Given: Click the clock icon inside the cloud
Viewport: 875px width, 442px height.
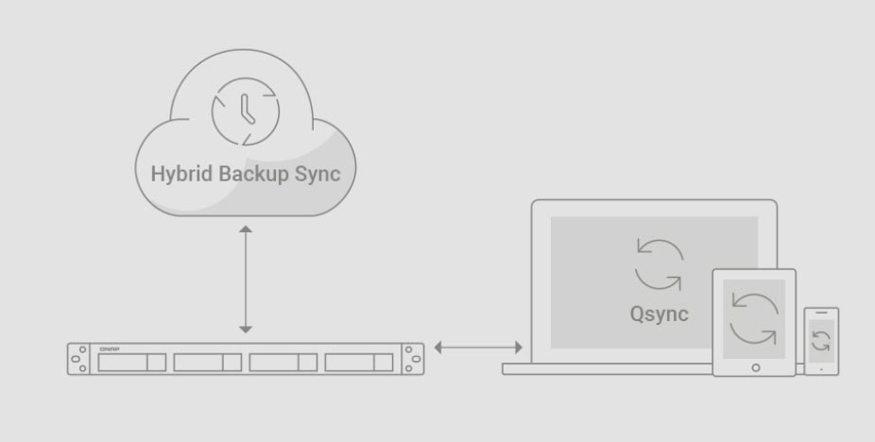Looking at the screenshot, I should pyautogui.click(x=246, y=110).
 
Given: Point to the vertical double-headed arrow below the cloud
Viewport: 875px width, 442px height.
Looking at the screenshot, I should pyautogui.click(x=246, y=279).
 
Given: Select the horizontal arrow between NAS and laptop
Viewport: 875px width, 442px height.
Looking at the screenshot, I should pyautogui.click(x=478, y=348).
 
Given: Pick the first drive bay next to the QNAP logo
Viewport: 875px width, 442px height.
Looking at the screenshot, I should pyautogui.click(x=131, y=362).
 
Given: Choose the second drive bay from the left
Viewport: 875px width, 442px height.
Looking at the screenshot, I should pyautogui.click(x=207, y=362).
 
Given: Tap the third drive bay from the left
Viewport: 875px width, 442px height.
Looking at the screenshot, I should pyautogui.click(x=283, y=362).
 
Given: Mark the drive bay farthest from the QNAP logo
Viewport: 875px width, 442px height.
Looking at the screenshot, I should pyautogui.click(x=358, y=362).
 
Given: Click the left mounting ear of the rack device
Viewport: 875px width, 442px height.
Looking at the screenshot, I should pyautogui.click(x=81, y=359).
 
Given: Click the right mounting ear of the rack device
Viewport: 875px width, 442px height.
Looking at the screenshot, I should pyautogui.click(x=413, y=359).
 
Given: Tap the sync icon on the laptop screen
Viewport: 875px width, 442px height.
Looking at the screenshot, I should pyautogui.click(x=660, y=264).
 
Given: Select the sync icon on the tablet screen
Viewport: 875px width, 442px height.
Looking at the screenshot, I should pyautogui.click(x=754, y=317).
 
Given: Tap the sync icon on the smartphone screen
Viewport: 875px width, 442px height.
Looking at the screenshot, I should pyautogui.click(x=821, y=341).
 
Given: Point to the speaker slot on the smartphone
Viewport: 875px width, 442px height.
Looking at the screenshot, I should pyautogui.click(x=821, y=314).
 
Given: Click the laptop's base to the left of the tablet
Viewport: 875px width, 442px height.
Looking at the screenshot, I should pyautogui.click(x=605, y=369).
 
